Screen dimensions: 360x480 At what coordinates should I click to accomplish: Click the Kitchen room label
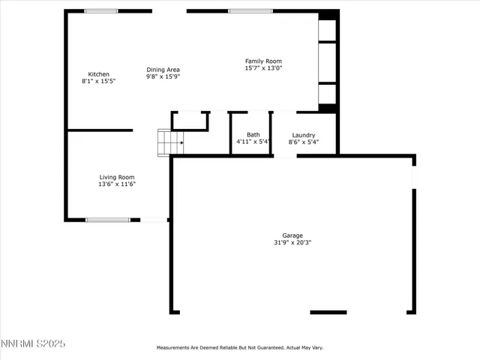click(x=99, y=74)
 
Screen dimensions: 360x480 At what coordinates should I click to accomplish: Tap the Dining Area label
click(x=163, y=70)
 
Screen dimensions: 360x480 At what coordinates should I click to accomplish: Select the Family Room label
click(x=263, y=61)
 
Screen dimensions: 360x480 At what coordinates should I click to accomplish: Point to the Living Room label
click(x=117, y=177)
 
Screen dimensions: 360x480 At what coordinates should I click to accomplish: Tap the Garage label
click(x=292, y=235)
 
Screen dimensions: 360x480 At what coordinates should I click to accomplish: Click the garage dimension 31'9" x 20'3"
click(x=292, y=242)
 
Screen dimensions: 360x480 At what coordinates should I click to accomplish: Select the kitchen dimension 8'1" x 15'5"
click(x=99, y=81)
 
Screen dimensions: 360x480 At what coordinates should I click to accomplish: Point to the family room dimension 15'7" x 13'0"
click(x=263, y=67)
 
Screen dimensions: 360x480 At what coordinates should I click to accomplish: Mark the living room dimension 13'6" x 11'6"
click(x=117, y=184)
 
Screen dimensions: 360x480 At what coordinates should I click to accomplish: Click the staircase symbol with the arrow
click(x=169, y=142)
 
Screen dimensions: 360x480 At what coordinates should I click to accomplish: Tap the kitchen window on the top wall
click(x=100, y=11)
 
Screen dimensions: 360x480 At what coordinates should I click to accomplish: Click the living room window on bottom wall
click(x=108, y=220)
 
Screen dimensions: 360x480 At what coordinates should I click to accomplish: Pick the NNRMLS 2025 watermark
click(x=33, y=343)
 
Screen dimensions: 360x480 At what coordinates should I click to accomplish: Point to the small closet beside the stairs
click(x=190, y=121)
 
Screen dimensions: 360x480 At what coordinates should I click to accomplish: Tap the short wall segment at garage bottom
click(x=328, y=312)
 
